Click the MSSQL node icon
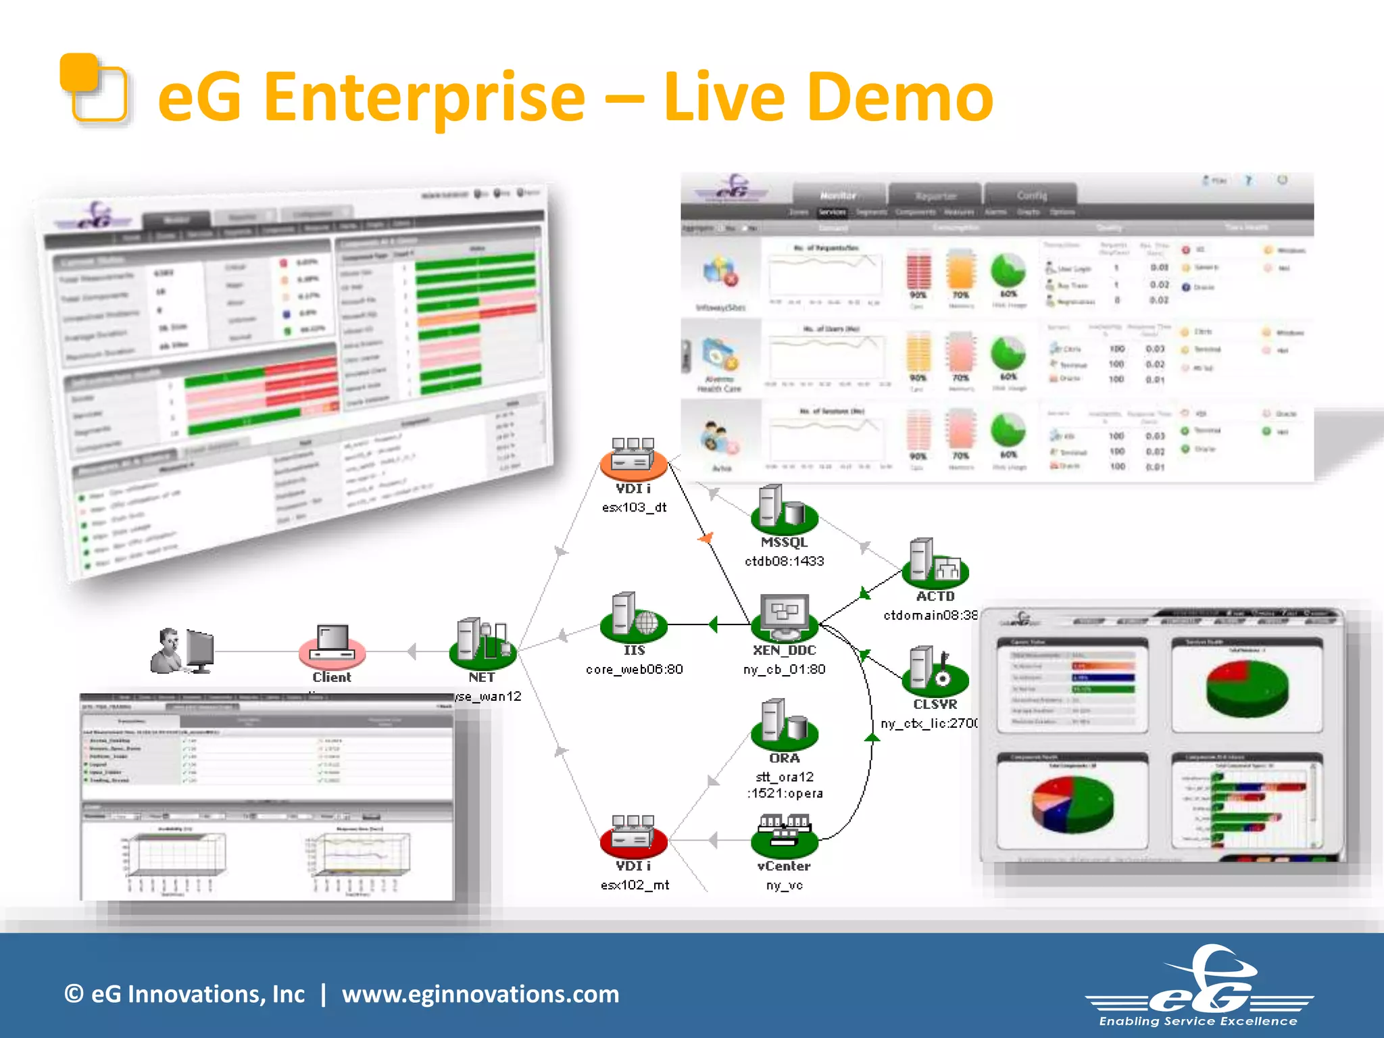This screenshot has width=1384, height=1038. coord(783,509)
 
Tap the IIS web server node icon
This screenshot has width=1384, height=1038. coord(633,617)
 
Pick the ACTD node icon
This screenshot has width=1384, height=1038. coord(935,563)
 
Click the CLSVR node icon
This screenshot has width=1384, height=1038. coord(935,671)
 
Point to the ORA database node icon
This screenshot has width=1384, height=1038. coord(784,725)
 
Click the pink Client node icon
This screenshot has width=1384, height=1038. coord(332,645)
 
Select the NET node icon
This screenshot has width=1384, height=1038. coord(483,642)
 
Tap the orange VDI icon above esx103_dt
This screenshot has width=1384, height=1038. coord(633,456)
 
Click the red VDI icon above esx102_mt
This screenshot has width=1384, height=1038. coord(633,834)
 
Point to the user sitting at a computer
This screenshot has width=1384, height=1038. coord(181,650)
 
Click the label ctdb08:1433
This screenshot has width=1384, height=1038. coord(784,561)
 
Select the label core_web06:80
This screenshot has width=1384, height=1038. coord(634,669)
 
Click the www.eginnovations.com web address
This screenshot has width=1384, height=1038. coord(480,994)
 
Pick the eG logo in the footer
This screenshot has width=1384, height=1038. coord(1199,987)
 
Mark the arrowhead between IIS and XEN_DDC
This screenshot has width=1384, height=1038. coord(712,624)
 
